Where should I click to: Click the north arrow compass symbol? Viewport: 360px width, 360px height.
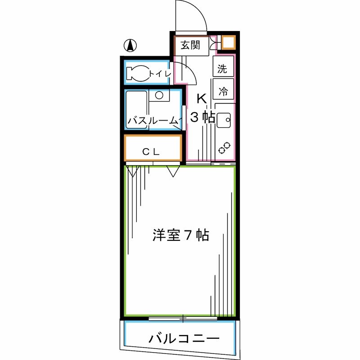tap(130, 45)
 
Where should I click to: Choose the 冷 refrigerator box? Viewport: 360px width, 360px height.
tap(223, 91)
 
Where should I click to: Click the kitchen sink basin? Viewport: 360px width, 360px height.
tap(223, 120)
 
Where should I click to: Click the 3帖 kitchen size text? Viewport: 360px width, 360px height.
tap(202, 117)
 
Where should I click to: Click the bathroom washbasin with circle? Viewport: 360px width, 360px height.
tap(158, 95)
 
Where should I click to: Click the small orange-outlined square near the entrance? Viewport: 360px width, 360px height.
tap(228, 43)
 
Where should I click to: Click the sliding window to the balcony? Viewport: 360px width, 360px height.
tap(183, 319)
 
